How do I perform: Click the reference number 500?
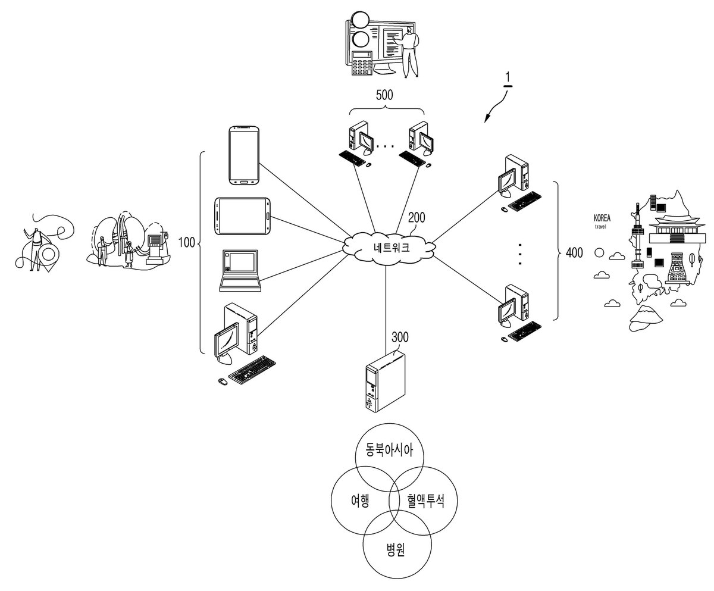(x=384, y=95)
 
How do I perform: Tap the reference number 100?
(x=187, y=242)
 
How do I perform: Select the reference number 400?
(x=574, y=253)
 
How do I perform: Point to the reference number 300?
(x=400, y=337)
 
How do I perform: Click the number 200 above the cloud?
(x=416, y=217)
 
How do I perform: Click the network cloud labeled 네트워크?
(x=389, y=247)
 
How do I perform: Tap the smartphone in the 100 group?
(x=244, y=155)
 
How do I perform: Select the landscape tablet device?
(x=242, y=216)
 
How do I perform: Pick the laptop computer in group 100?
(x=240, y=271)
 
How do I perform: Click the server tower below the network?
(x=386, y=381)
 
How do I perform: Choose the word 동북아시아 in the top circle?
(x=389, y=450)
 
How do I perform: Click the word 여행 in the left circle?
(x=360, y=501)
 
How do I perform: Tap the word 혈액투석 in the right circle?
(x=426, y=501)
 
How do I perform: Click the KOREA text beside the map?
(x=602, y=218)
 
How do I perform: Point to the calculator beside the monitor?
(x=362, y=62)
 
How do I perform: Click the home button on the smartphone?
(x=243, y=182)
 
